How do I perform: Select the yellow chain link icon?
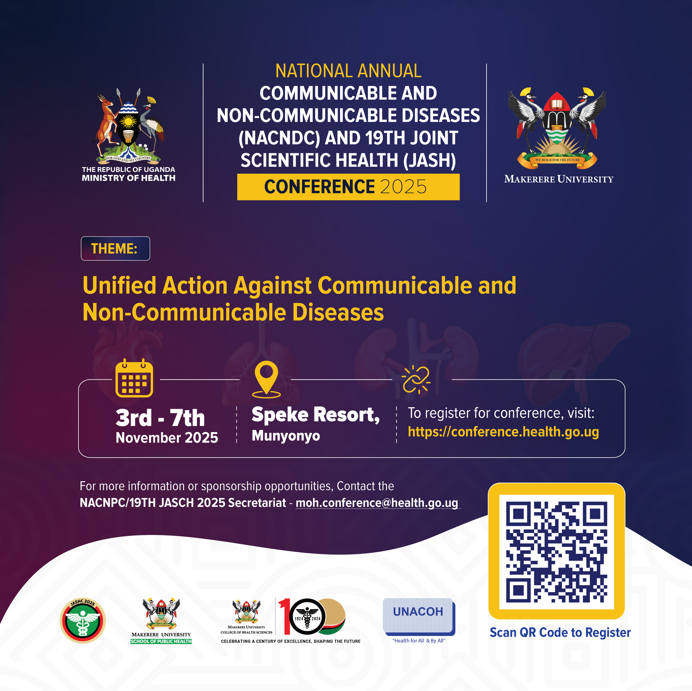click(416, 379)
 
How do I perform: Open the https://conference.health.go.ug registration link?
click(503, 431)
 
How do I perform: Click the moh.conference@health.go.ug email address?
click(377, 502)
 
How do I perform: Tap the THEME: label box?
click(115, 248)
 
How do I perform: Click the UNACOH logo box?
click(418, 615)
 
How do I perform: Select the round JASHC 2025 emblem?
click(83, 621)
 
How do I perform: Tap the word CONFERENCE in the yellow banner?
click(319, 187)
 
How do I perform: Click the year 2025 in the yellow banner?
click(403, 187)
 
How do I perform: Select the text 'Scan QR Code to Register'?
click(560, 633)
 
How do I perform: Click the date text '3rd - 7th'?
click(160, 418)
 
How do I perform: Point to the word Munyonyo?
click(286, 436)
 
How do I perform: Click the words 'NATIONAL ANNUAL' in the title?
click(348, 71)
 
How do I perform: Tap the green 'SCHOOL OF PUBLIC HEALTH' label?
click(161, 641)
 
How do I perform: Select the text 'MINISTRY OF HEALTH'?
click(129, 178)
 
